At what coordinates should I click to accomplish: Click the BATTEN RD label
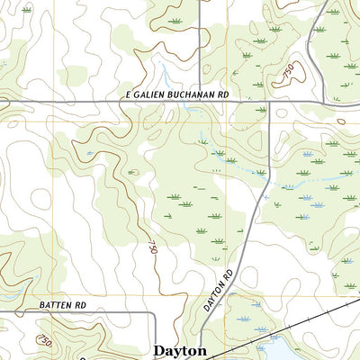62,306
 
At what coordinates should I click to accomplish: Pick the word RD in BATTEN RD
79,306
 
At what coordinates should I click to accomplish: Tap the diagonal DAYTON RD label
218,290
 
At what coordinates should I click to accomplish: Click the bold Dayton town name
180,351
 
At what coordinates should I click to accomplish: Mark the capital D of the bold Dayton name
159,351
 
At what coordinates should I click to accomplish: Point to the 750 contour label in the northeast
287,76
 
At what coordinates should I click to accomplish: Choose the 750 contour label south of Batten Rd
42,338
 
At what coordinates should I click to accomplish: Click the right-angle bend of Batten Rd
155,315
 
